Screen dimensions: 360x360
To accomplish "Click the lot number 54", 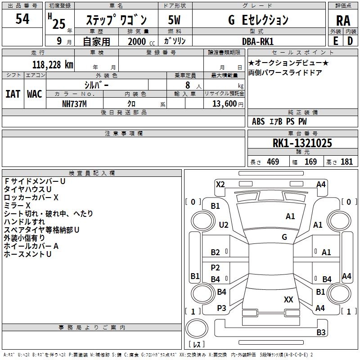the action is pyautogui.click(x=22, y=19).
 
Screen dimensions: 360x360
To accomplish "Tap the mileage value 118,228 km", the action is pyautogui.click(x=53, y=64).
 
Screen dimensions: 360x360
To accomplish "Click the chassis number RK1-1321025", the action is pyautogui.click(x=302, y=143).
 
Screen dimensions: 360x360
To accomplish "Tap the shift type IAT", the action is pyautogui.click(x=13, y=94).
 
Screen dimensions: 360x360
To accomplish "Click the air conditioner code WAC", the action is pyautogui.click(x=35, y=94).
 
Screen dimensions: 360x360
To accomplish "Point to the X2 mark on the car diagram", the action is pyautogui.click(x=220, y=184).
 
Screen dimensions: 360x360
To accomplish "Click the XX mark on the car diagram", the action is pyautogui.click(x=288, y=299).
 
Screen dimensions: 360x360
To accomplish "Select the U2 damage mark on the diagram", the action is pyautogui.click(x=224, y=225).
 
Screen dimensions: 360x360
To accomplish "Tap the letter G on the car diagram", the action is pyautogui.click(x=284, y=237).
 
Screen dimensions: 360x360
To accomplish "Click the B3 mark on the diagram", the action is pyautogui.click(x=320, y=333).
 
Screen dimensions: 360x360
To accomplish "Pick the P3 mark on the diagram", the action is pyautogui.click(x=221, y=308).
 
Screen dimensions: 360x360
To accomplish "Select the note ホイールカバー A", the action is pyautogui.click(x=31, y=246).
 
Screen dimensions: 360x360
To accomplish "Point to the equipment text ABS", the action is pyautogui.click(x=258, y=121).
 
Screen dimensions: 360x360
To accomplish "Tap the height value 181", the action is pyautogui.click(x=346, y=162).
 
